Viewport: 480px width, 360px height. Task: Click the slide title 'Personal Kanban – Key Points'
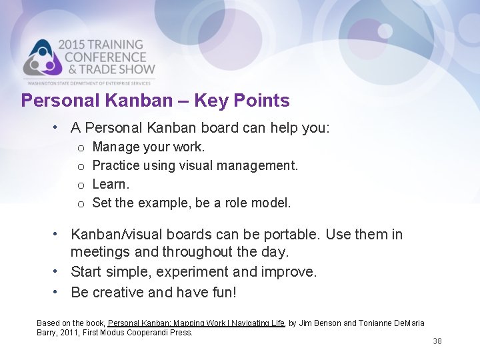coord(155,101)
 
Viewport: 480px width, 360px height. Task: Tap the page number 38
coord(437,341)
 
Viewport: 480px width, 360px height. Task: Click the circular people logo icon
coord(43,59)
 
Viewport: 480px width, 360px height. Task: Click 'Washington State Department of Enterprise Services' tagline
coord(90,83)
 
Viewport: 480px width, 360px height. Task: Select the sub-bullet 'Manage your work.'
coord(148,147)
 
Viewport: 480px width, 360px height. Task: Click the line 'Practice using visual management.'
coord(195,165)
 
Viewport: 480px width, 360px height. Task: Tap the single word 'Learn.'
coord(111,184)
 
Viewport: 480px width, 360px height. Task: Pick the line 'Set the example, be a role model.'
coord(191,203)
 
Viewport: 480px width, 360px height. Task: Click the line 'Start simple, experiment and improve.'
coord(193,272)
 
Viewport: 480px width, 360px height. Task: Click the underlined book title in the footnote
coord(197,323)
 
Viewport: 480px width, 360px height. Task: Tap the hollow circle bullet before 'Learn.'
coord(80,185)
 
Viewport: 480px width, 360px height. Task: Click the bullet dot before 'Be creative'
coord(59,292)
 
